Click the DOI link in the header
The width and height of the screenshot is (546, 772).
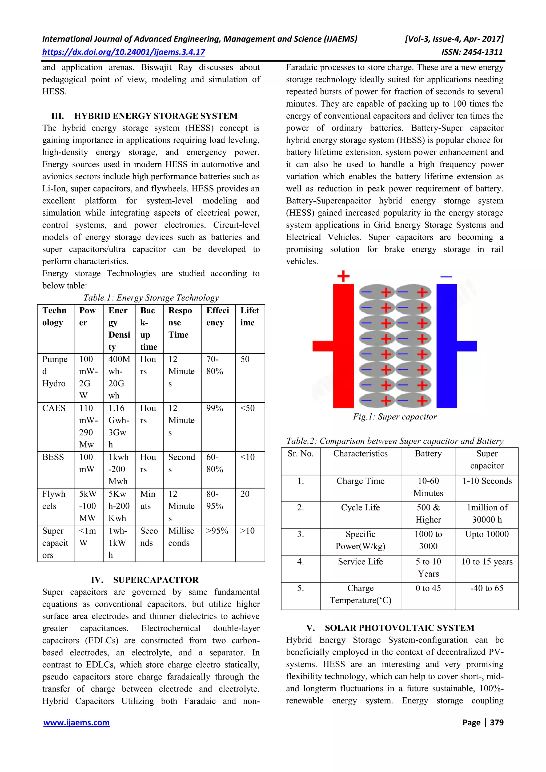pyautogui.click(x=123, y=52)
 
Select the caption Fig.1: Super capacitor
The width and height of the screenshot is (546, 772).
pyautogui.click(x=395, y=417)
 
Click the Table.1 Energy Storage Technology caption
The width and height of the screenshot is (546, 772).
pyautogui.click(x=151, y=298)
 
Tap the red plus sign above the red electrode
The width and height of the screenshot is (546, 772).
pyautogui.click(x=343, y=276)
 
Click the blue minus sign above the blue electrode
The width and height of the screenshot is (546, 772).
pyautogui.click(x=446, y=276)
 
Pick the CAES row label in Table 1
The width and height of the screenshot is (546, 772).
pyautogui.click(x=54, y=408)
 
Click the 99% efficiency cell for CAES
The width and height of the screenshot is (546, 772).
pyautogui.click(x=215, y=408)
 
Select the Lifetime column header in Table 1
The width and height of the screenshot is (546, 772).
pyautogui.click(x=250, y=316)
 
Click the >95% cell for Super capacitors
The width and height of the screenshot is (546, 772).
pyautogui.click(x=217, y=531)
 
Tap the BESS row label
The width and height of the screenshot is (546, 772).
pyautogui.click(x=53, y=457)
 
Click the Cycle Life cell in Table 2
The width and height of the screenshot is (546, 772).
pyautogui.click(x=360, y=507)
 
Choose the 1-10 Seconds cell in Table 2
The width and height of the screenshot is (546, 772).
pyautogui.click(x=487, y=481)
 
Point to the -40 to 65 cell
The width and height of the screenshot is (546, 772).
pyautogui.click(x=487, y=588)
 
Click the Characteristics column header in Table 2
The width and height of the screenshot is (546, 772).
pyautogui.click(x=360, y=454)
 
